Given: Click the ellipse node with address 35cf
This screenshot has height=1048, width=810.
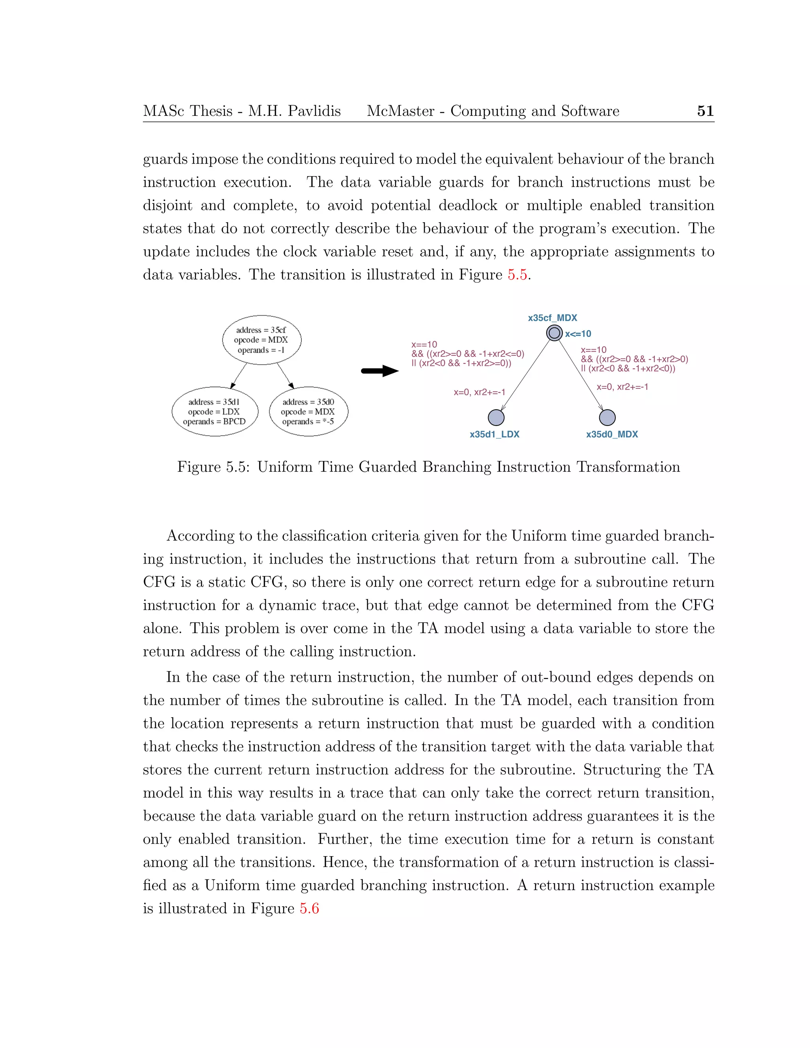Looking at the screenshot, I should pyautogui.click(x=261, y=340).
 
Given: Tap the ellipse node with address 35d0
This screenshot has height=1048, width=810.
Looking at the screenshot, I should pyautogui.click(x=308, y=411).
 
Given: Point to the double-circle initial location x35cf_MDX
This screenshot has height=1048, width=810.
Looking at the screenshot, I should pyautogui.click(x=554, y=333).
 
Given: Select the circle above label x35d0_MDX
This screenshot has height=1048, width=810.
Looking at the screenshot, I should pyautogui.click(x=607, y=418).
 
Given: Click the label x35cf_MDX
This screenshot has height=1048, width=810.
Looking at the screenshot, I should pyautogui.click(x=552, y=318).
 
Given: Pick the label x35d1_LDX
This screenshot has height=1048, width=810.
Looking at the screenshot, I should pyautogui.click(x=494, y=434).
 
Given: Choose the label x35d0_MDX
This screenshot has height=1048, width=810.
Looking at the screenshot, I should pyautogui.click(x=612, y=434).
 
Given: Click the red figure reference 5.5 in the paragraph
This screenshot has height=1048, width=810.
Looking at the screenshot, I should pyautogui.click(x=517, y=275).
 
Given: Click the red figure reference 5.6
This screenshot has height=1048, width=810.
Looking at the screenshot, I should pyautogui.click(x=310, y=908).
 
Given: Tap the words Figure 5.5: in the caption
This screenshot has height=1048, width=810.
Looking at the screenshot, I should pyautogui.click(x=214, y=467).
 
